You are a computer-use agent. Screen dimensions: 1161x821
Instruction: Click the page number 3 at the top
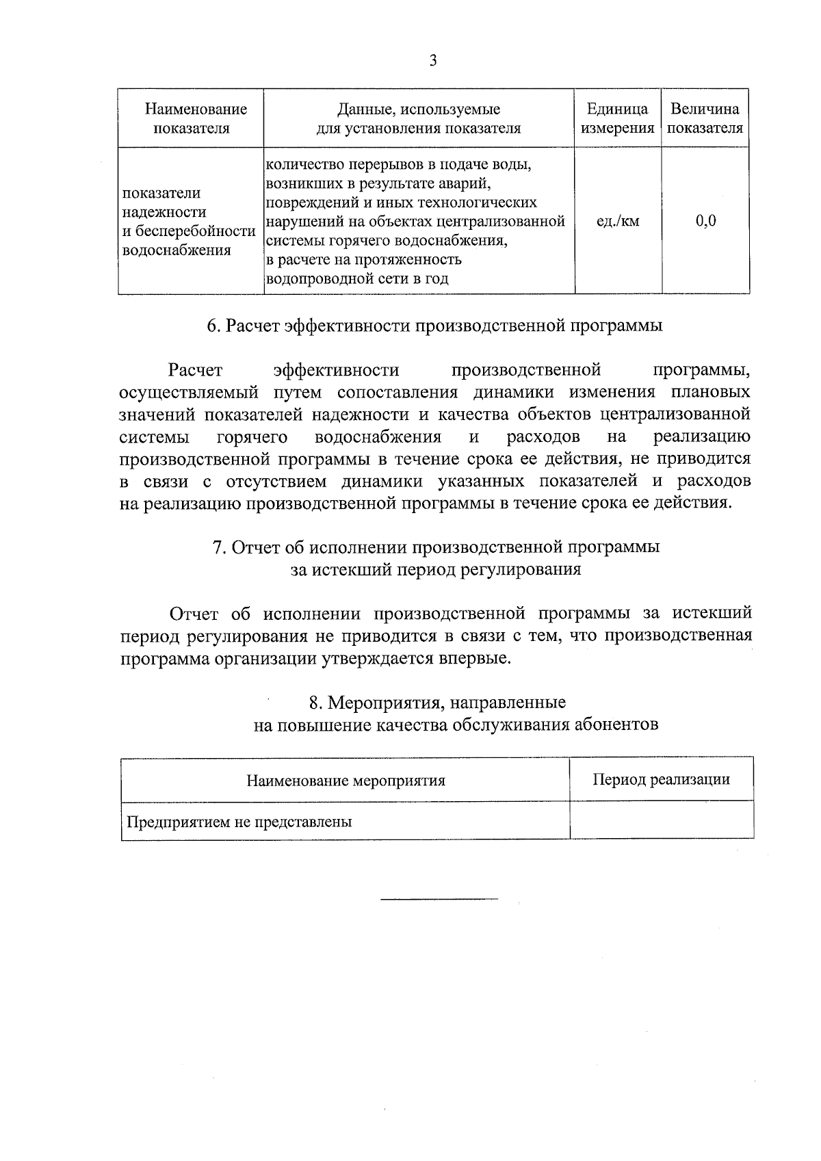[x=432, y=61]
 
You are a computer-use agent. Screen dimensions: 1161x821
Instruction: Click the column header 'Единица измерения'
[x=617, y=118]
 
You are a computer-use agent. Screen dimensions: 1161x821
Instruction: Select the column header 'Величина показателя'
[x=705, y=118]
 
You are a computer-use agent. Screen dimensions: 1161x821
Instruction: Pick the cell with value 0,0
[x=705, y=221]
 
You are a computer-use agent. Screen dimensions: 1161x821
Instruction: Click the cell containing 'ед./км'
[x=618, y=221]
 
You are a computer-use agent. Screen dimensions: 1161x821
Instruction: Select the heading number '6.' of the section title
[x=213, y=326]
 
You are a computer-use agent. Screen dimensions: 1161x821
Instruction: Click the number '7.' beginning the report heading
[x=219, y=548]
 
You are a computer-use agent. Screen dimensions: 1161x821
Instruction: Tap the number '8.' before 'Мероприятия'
[x=315, y=703]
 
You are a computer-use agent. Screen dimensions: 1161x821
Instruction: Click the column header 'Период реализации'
[x=661, y=779]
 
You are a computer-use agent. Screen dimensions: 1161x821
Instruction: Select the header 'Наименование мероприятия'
[x=346, y=780]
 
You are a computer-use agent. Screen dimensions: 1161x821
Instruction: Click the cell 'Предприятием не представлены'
[x=239, y=822]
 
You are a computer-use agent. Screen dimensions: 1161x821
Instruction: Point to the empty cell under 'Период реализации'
[x=661, y=821]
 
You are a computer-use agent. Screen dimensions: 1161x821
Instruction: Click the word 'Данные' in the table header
[x=365, y=109]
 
